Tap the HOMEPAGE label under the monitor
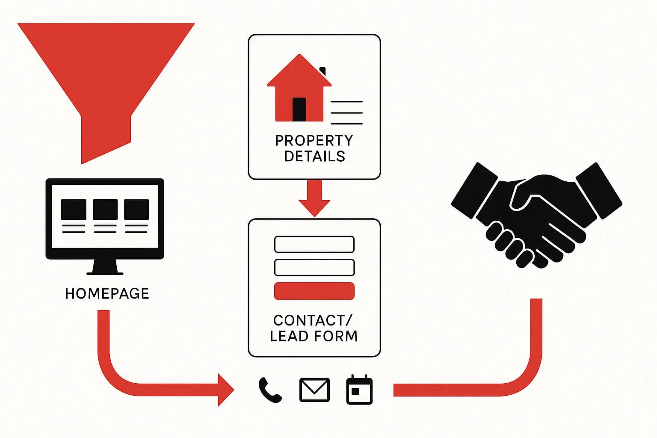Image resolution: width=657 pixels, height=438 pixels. pyautogui.click(x=107, y=293)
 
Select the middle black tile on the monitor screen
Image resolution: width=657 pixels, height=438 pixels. pyautogui.click(x=105, y=210)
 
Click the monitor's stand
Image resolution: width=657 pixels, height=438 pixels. pyautogui.click(x=105, y=267)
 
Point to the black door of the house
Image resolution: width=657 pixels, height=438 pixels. pyautogui.click(x=299, y=109)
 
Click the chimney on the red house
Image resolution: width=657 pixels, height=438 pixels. pyautogui.click(x=323, y=71)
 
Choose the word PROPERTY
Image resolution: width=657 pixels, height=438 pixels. pyautogui.click(x=314, y=140)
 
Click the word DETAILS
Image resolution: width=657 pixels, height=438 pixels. pyautogui.click(x=314, y=156)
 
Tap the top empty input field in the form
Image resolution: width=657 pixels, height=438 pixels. pyautogui.click(x=314, y=244)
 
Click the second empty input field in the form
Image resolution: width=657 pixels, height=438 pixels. pyautogui.click(x=314, y=267)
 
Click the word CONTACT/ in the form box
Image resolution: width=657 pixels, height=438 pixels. pyautogui.click(x=313, y=320)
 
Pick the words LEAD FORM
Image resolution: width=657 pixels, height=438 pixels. pyautogui.click(x=314, y=336)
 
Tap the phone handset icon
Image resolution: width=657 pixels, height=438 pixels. pyautogui.click(x=270, y=390)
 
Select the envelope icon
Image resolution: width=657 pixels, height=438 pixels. pyautogui.click(x=314, y=390)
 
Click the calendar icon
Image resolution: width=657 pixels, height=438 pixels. pyautogui.click(x=359, y=390)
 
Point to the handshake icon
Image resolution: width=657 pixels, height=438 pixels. pyautogui.click(x=537, y=214)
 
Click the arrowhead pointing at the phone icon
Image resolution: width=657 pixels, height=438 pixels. pyautogui.click(x=225, y=390)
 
